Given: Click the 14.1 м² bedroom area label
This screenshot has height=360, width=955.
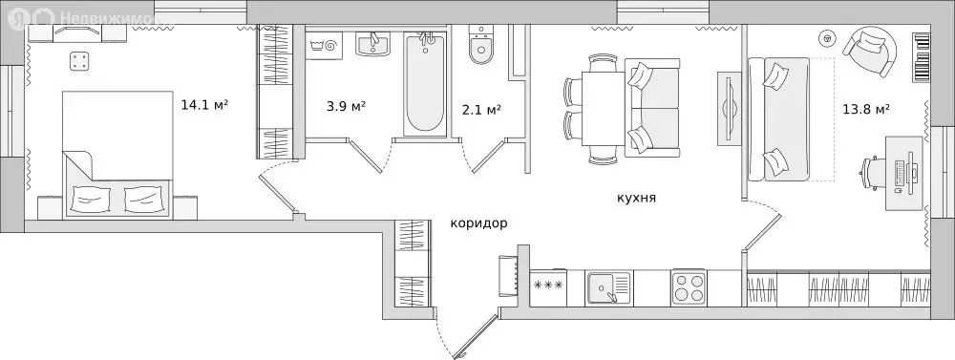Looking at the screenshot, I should (203, 104).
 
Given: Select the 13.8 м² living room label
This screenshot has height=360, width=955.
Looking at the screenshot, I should (868, 109).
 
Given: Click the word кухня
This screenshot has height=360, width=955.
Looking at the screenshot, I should (635, 198).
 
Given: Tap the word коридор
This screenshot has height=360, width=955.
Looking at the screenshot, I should (478, 223).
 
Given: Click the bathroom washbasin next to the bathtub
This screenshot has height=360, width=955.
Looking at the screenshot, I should (374, 44).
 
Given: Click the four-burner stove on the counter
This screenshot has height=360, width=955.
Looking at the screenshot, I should (688, 286).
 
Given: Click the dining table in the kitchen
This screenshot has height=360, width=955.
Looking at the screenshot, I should (604, 111).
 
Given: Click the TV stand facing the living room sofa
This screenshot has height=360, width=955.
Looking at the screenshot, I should (729, 107).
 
